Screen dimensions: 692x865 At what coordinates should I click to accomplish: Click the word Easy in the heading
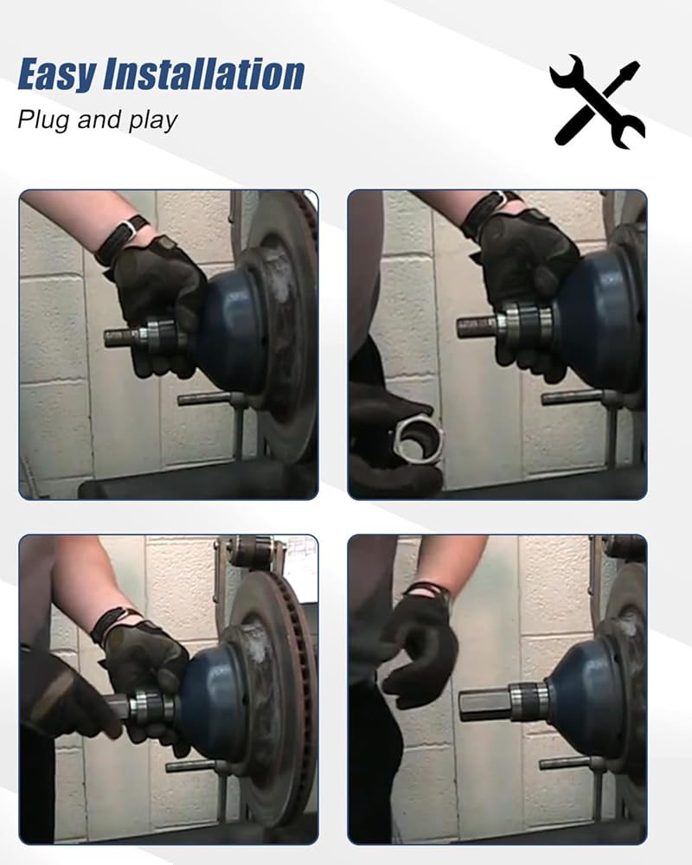click(55, 74)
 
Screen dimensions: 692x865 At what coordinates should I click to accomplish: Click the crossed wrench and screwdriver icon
click(598, 101)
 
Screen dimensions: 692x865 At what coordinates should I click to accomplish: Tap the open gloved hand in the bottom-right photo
click(420, 645)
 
